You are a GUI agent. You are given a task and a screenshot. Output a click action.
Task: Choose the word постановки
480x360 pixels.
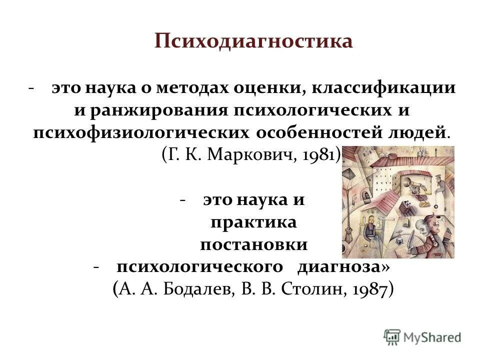tap(253, 244)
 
